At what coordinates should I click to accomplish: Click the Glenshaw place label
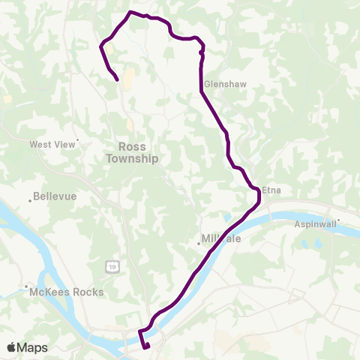220,85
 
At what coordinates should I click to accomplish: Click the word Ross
132,147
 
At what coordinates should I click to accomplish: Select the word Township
132,158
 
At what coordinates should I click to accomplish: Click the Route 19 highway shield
112,265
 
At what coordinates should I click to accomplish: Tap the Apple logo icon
12,347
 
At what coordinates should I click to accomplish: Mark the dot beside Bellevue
31,199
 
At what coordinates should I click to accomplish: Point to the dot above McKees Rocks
28,286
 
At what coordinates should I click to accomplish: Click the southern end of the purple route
147,346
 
